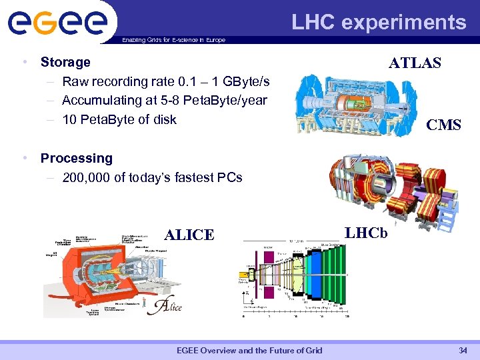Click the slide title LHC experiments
tap(379, 23)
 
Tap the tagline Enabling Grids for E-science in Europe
tap(173, 40)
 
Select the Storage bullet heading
tap(65, 62)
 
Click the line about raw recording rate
tap(165, 81)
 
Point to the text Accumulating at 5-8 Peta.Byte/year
tap(164, 100)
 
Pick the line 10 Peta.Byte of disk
tap(119, 119)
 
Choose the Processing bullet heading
tap(76, 158)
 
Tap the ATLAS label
tap(415, 63)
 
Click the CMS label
tap(443, 125)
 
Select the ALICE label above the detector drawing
tap(189, 235)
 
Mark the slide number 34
tap(463, 351)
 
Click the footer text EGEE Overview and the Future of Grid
tap(249, 351)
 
